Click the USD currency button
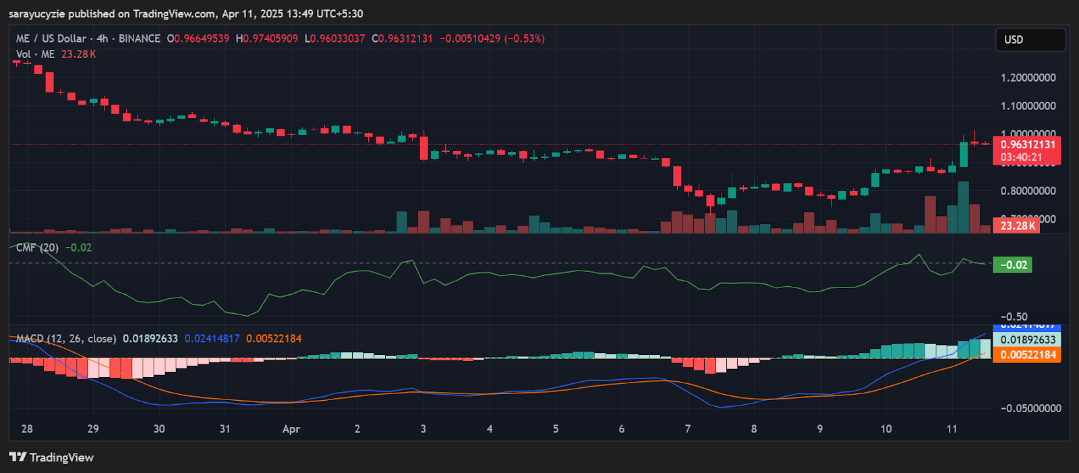click(1030, 40)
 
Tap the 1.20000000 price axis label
click(1028, 78)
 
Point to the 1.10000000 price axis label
click(1028, 106)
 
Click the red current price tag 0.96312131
click(1027, 144)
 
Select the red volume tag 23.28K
click(1018, 226)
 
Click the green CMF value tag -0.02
click(1013, 265)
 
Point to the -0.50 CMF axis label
click(1014, 316)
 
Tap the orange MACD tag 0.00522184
click(1027, 355)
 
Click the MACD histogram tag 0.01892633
click(1027, 340)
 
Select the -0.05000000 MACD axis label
click(1030, 408)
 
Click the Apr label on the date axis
click(291, 429)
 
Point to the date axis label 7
click(688, 429)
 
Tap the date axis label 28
click(27, 429)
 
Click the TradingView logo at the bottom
click(51, 457)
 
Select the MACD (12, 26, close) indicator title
click(65, 339)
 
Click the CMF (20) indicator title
click(37, 248)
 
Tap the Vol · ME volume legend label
click(35, 54)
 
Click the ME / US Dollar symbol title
click(51, 38)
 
